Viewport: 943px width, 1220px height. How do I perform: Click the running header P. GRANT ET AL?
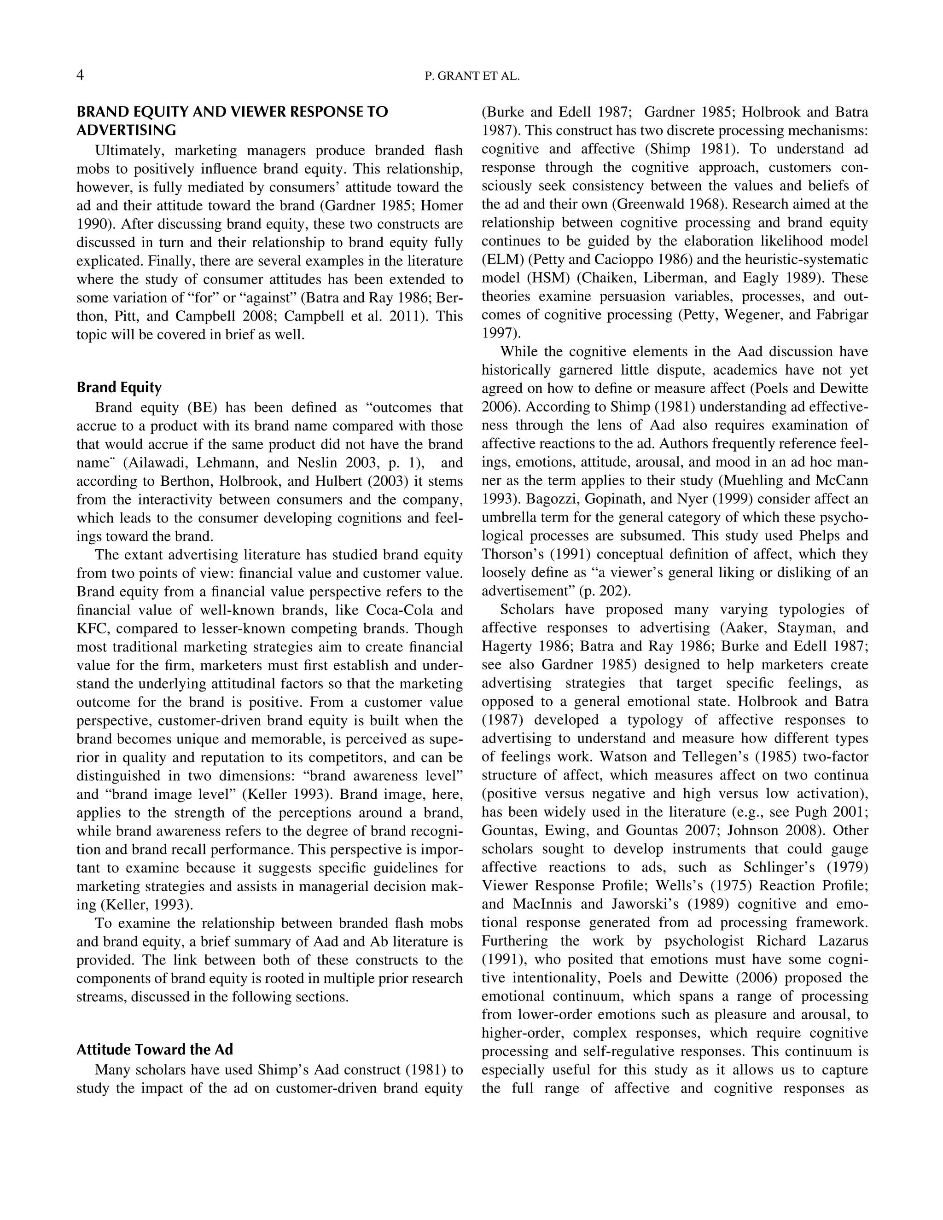[x=472, y=76]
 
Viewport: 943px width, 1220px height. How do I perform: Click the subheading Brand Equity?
[x=118, y=387]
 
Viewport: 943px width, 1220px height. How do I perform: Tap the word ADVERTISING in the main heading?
[x=126, y=130]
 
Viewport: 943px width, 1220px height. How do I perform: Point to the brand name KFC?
[x=92, y=628]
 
